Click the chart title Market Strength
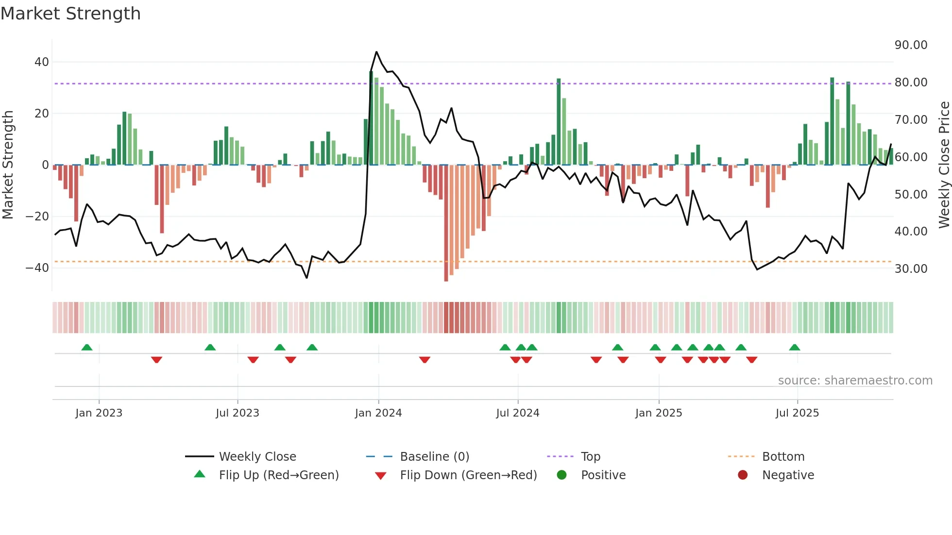[70, 14]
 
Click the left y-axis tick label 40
[42, 62]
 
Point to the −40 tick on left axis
[37, 268]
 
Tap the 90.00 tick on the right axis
[911, 45]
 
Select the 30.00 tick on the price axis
[911, 269]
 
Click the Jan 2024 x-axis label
[378, 413]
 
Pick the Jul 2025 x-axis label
[797, 413]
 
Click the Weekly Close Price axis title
[944, 165]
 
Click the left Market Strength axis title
[8, 165]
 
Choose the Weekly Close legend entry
[257, 457]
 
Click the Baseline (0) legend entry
[434, 457]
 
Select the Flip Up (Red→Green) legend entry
[278, 475]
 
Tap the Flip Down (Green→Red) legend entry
[468, 475]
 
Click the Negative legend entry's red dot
[743, 475]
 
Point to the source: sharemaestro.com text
[855, 381]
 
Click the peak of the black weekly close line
[376, 52]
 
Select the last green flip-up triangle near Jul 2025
[795, 348]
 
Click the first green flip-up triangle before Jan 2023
[87, 348]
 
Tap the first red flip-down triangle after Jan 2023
[156, 360]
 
